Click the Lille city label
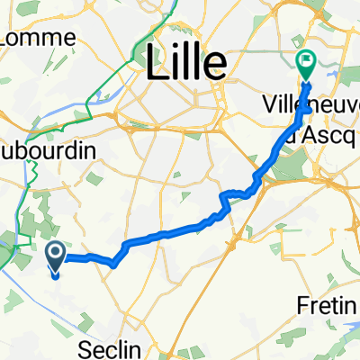click(186, 61)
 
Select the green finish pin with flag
click(305, 64)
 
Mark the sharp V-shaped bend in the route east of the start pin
click(114, 265)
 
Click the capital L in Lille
click(155, 61)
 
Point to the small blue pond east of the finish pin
click(334, 65)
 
